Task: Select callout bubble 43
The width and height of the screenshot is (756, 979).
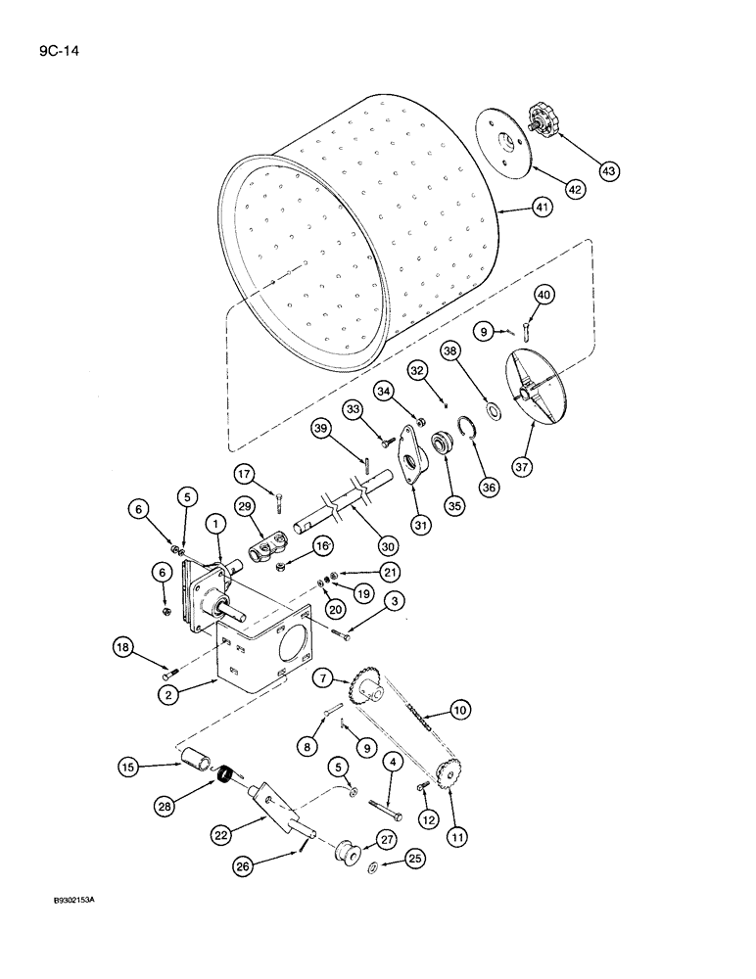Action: [609, 171]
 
